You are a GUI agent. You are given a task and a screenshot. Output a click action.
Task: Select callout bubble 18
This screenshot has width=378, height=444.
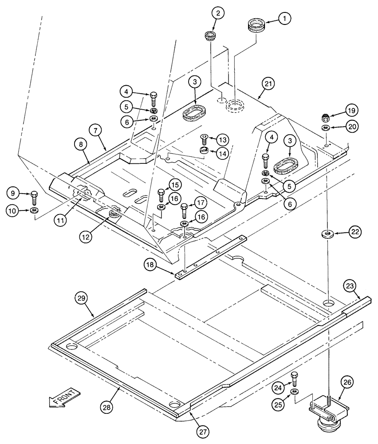[x=150, y=265]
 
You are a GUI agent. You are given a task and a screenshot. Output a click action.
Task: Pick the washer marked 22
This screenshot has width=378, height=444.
[x=327, y=234]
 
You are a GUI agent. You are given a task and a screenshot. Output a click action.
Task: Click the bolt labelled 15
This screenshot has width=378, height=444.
[x=161, y=194]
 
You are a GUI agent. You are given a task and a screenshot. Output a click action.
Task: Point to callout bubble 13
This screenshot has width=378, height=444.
[x=223, y=140]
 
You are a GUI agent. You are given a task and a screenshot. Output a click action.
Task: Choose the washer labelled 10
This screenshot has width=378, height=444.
[x=34, y=210]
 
